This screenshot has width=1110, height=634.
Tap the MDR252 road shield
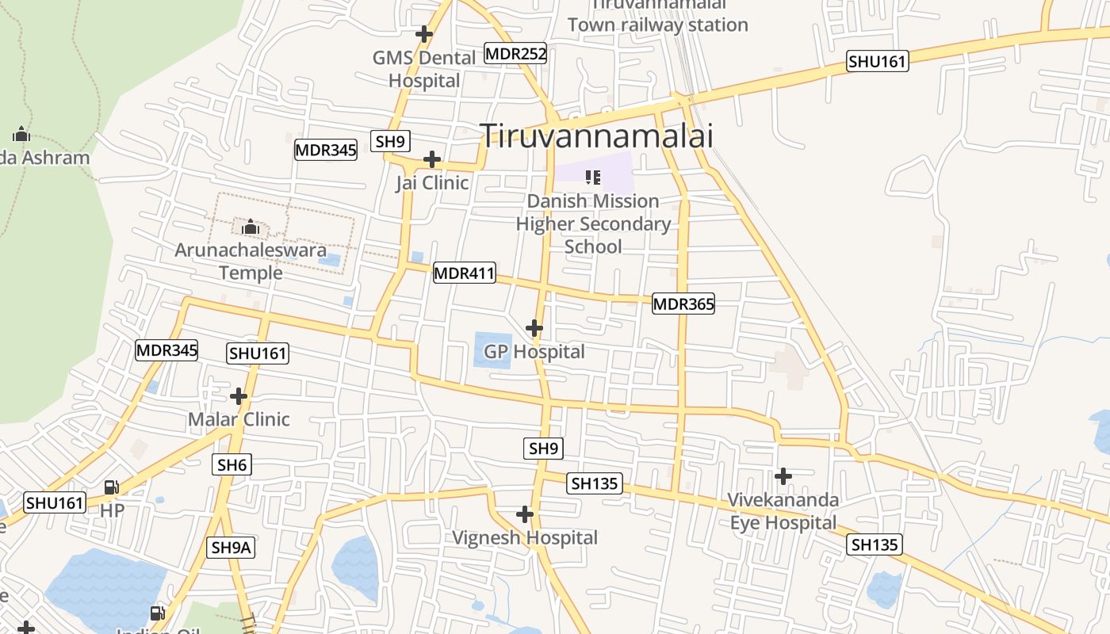pos(515,54)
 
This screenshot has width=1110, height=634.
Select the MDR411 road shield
pos(464,274)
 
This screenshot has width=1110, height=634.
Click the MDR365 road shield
pos(683,304)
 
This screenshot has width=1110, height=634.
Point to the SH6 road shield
pos(232,464)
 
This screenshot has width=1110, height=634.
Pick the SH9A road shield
pos(232,547)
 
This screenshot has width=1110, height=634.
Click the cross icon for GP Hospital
pos(534,327)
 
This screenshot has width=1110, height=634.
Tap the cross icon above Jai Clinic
pos(432,159)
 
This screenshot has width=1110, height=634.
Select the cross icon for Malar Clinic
pos(239,395)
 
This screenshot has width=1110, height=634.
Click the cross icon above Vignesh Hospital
pos(525,514)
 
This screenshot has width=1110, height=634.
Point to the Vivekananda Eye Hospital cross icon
pos(783,475)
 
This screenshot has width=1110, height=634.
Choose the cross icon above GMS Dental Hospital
pos(425,34)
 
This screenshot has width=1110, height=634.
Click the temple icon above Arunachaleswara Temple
pos(251,227)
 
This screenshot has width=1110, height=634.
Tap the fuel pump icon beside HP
pos(112,487)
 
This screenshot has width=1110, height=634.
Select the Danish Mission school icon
pos(592,178)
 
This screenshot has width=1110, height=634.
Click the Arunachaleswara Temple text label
pos(251,262)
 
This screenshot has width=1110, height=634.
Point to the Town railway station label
pos(657,24)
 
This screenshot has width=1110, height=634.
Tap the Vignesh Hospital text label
pos(525,538)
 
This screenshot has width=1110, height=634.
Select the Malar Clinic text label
pos(239,419)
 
